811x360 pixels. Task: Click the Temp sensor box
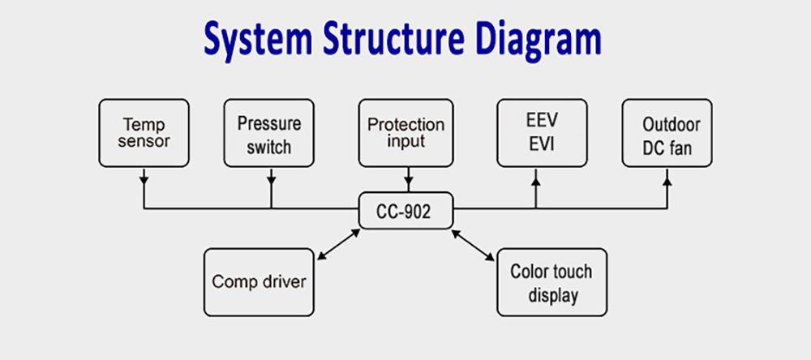click(144, 133)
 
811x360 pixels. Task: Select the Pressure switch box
click(269, 133)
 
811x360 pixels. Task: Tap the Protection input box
click(406, 133)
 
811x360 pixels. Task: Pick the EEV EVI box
click(542, 133)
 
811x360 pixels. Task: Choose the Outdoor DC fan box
click(667, 133)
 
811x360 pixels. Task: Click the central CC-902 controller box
click(406, 211)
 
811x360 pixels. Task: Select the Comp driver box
click(259, 282)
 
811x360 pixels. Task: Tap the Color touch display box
click(551, 282)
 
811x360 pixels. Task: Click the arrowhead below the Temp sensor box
click(144, 181)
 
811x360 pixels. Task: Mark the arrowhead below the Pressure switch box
click(272, 181)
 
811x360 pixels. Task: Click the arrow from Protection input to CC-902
click(409, 179)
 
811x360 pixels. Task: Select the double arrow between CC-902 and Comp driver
click(338, 245)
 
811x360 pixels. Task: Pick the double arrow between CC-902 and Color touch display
click(473, 245)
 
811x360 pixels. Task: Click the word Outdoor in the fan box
click(672, 125)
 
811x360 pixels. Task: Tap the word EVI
click(542, 144)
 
